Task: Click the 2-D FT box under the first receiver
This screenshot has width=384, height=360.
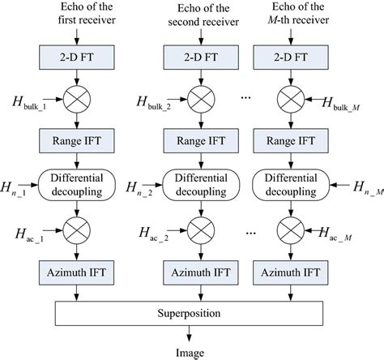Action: [x=78, y=59]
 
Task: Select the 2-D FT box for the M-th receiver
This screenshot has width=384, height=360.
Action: [x=284, y=59]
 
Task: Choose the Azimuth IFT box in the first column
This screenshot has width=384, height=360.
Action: [x=78, y=273]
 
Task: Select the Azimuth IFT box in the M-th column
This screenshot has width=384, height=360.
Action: [x=284, y=273]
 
